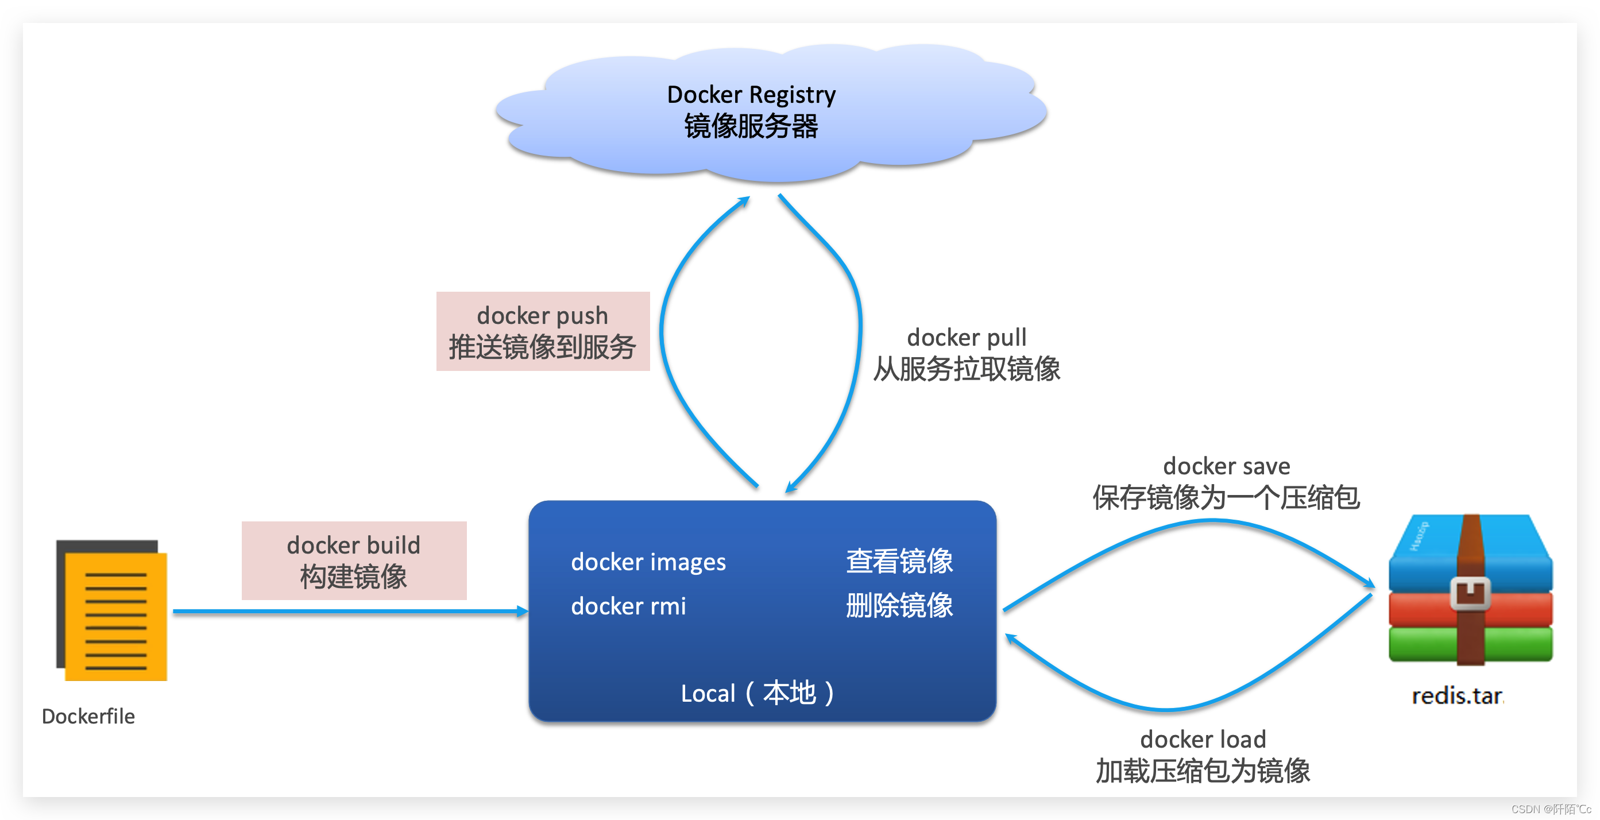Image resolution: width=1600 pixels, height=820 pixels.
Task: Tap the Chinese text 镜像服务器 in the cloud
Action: [x=751, y=127]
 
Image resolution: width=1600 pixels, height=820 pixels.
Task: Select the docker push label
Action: [x=542, y=316]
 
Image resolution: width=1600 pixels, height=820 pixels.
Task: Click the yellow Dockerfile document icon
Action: [x=115, y=615]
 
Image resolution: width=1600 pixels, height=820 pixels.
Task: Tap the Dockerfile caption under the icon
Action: [x=88, y=716]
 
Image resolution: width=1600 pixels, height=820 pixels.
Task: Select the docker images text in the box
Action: [x=648, y=562]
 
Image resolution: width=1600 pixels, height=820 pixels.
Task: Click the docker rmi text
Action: [x=628, y=606]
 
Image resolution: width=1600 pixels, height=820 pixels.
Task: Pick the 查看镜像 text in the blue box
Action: [x=899, y=561]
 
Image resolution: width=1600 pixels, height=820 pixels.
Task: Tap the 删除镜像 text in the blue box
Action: [x=899, y=606]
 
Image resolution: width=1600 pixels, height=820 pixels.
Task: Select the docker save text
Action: [x=1226, y=466]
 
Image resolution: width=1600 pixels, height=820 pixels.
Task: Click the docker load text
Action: [x=1203, y=739]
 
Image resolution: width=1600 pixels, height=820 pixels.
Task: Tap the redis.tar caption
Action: [x=1457, y=696]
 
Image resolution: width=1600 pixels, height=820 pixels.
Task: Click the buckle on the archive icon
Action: [x=1470, y=593]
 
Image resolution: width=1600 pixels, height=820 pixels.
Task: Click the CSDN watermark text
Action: [x=1550, y=809]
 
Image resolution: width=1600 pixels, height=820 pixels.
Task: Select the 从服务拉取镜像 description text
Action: [x=967, y=370]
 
